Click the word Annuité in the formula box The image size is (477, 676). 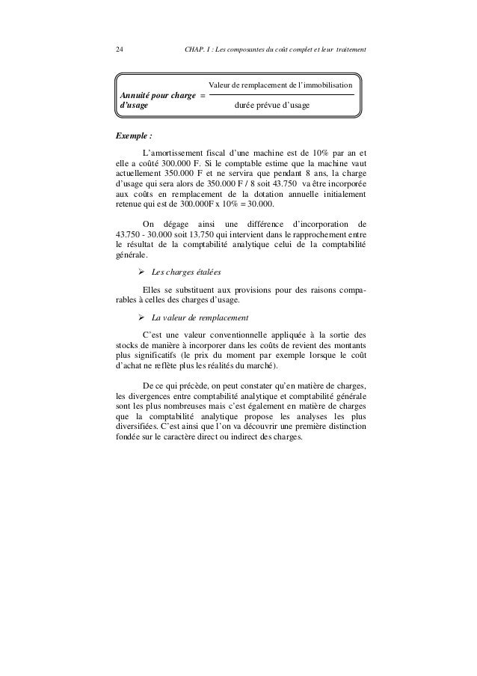pos(127,97)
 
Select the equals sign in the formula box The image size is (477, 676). pos(202,97)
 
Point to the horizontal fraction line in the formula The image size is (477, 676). pos(280,95)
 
